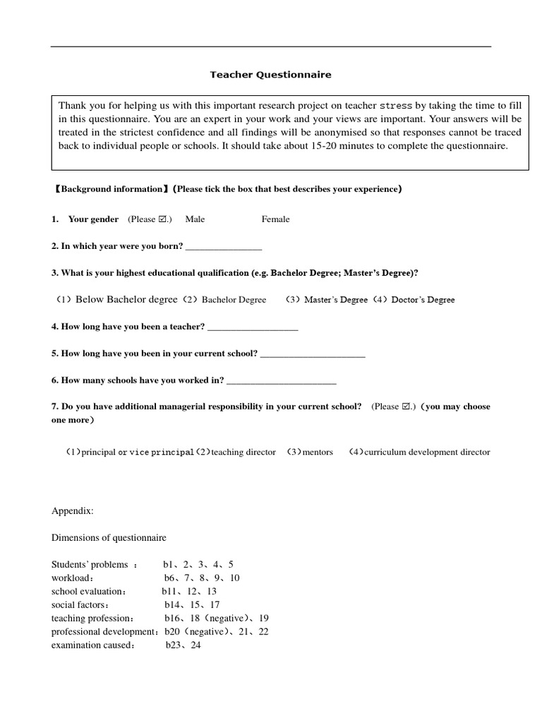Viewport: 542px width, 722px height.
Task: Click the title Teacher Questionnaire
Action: click(x=270, y=74)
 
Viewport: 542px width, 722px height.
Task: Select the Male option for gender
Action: click(x=195, y=219)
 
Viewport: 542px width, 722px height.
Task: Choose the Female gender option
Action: click(x=275, y=219)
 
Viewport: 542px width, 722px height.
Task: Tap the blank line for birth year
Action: click(x=223, y=246)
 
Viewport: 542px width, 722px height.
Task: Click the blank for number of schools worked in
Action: click(x=282, y=381)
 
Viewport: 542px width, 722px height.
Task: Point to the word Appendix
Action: click(x=72, y=510)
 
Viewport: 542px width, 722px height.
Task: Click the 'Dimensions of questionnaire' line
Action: click(x=109, y=537)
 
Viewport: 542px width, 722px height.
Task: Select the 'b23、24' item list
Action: click(x=183, y=645)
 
